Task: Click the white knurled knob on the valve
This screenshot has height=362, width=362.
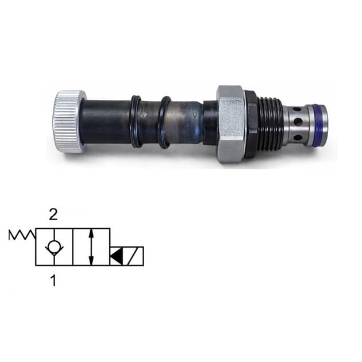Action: coord(69,121)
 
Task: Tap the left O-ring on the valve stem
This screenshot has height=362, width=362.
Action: coord(136,121)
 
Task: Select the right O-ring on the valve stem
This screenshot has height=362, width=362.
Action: coord(165,122)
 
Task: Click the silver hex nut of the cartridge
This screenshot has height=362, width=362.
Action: coord(230,124)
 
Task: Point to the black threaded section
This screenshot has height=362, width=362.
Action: coord(269,124)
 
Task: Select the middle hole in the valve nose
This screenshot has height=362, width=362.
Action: coord(298,123)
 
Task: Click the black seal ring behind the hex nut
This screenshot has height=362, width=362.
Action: coord(251,124)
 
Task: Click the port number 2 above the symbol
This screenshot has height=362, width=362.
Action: coord(53,215)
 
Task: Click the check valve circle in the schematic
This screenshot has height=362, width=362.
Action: coord(53,247)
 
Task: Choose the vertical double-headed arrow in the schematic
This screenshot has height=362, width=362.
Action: coord(91,247)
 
